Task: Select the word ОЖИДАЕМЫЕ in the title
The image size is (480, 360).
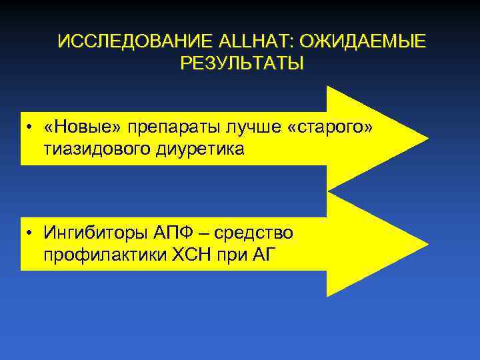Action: pyautogui.click(x=361, y=42)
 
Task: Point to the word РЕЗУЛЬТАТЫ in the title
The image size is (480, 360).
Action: pyautogui.click(x=241, y=64)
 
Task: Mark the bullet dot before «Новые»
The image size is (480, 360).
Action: pyautogui.click(x=31, y=127)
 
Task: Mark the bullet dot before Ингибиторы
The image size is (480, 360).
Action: pyautogui.click(x=31, y=233)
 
